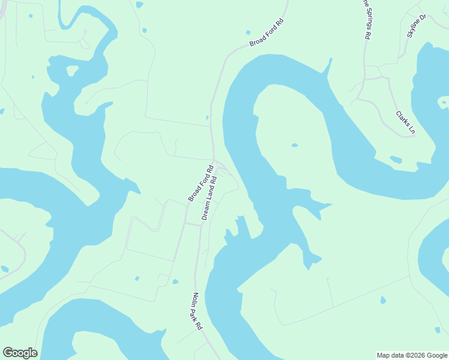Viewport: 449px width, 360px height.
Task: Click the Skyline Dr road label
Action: pyautogui.click(x=416, y=26)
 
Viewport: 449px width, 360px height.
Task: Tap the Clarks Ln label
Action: pyautogui.click(x=405, y=122)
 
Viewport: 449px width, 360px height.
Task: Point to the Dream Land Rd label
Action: pyautogui.click(x=208, y=197)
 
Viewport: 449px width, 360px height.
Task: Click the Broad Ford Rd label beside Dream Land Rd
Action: pyautogui.click(x=201, y=184)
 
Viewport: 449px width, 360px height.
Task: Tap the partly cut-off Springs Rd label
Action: pyautogui.click(x=364, y=19)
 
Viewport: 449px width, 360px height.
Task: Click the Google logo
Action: pyautogui.click(x=20, y=353)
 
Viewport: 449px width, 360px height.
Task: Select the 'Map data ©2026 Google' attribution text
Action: pyautogui.click(x=412, y=355)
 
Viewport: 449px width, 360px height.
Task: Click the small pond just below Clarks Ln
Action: pyautogui.click(x=396, y=160)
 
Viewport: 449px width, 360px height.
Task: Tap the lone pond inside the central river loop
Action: pyautogui.click(x=294, y=145)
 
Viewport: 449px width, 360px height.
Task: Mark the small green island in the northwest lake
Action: pyautogui.click(x=72, y=71)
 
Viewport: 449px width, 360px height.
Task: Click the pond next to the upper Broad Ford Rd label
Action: pyautogui.click(x=248, y=32)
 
